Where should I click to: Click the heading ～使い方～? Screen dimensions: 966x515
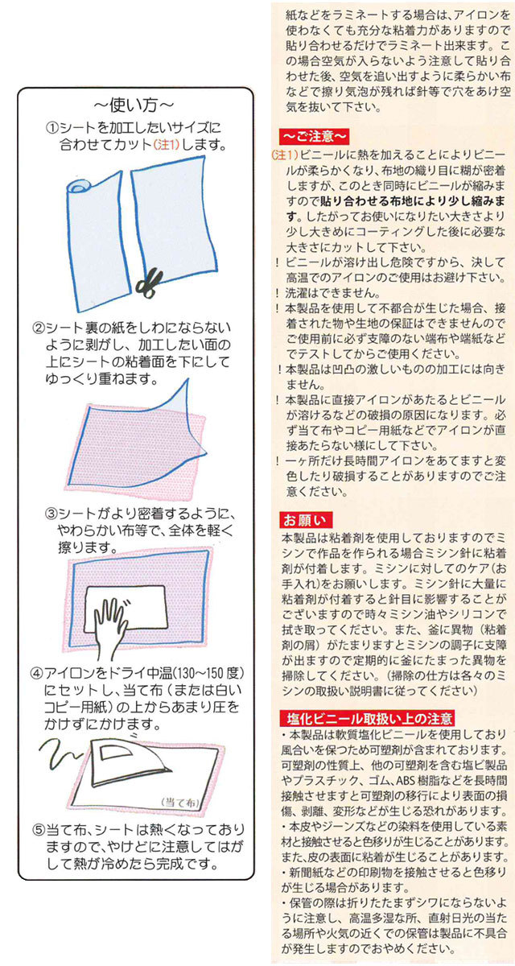point(133,105)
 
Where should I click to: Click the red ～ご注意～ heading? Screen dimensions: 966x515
point(314,135)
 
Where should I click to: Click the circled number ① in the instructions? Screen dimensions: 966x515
point(51,128)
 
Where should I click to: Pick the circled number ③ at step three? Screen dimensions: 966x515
point(51,513)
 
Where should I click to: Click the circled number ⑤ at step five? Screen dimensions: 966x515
point(37,829)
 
